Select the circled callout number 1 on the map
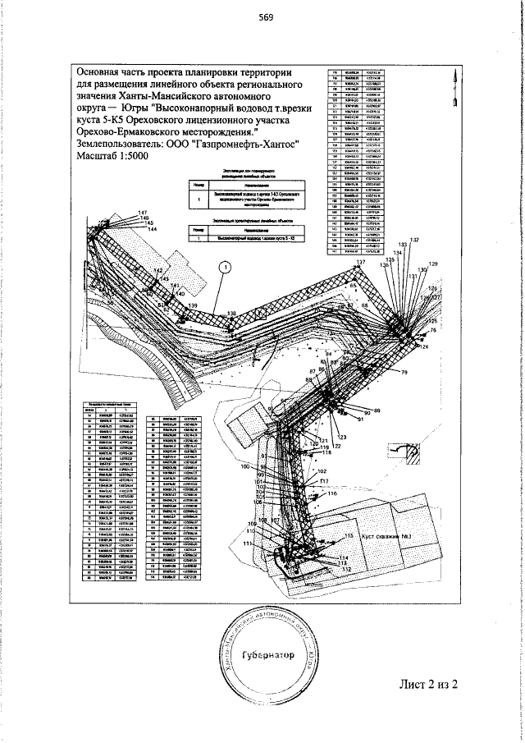222,265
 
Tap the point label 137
360,262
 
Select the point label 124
424,348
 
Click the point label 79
404,374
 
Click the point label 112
346,569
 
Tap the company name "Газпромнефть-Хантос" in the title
239,144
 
